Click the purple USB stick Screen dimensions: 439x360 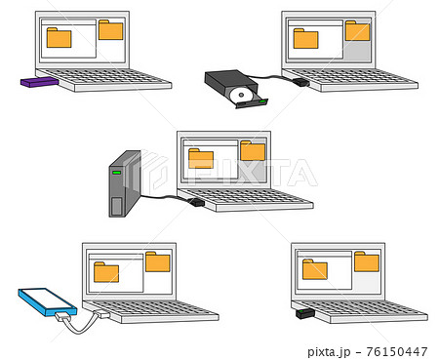coord(38,83)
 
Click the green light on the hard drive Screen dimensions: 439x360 coord(117,174)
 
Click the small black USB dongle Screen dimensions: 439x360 coord(303,314)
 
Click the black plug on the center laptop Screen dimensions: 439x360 coord(197,202)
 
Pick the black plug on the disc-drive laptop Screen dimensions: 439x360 coord(302,83)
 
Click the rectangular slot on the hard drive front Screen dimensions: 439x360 coord(117,206)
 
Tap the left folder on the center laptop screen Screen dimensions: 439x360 coord(201,159)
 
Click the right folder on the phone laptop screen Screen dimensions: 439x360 coord(157,261)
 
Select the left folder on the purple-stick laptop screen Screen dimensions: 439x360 coord(59,38)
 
